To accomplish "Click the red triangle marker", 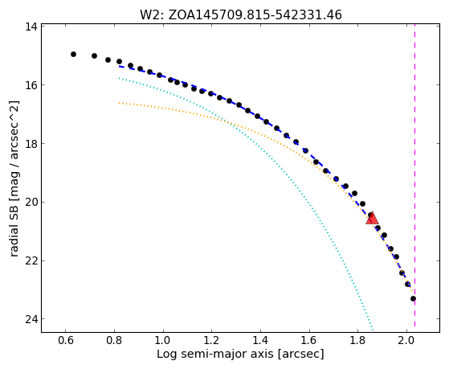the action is click(x=372, y=219).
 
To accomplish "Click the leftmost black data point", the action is click(x=73, y=54).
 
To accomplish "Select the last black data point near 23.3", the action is click(x=413, y=299).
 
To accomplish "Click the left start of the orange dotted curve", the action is click(x=119, y=103).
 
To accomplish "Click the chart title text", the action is click(x=240, y=14).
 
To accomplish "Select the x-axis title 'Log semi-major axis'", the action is click(x=215, y=354).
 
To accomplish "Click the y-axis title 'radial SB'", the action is click(x=14, y=228).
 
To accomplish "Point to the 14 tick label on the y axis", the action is click(x=31, y=27).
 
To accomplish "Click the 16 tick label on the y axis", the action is click(x=31, y=85).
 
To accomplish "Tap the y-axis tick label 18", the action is click(x=31, y=144).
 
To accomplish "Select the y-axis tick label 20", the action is click(x=31, y=202).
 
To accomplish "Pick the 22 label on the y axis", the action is click(x=31, y=261).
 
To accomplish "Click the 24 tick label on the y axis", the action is click(x=31, y=319).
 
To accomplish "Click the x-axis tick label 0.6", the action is click(x=66, y=341).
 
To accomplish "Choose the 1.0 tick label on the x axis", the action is click(x=163, y=341).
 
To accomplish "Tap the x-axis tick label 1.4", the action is click(x=260, y=341).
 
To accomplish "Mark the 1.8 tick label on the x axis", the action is click(x=357, y=341).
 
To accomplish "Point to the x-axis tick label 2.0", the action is click(x=406, y=341).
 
